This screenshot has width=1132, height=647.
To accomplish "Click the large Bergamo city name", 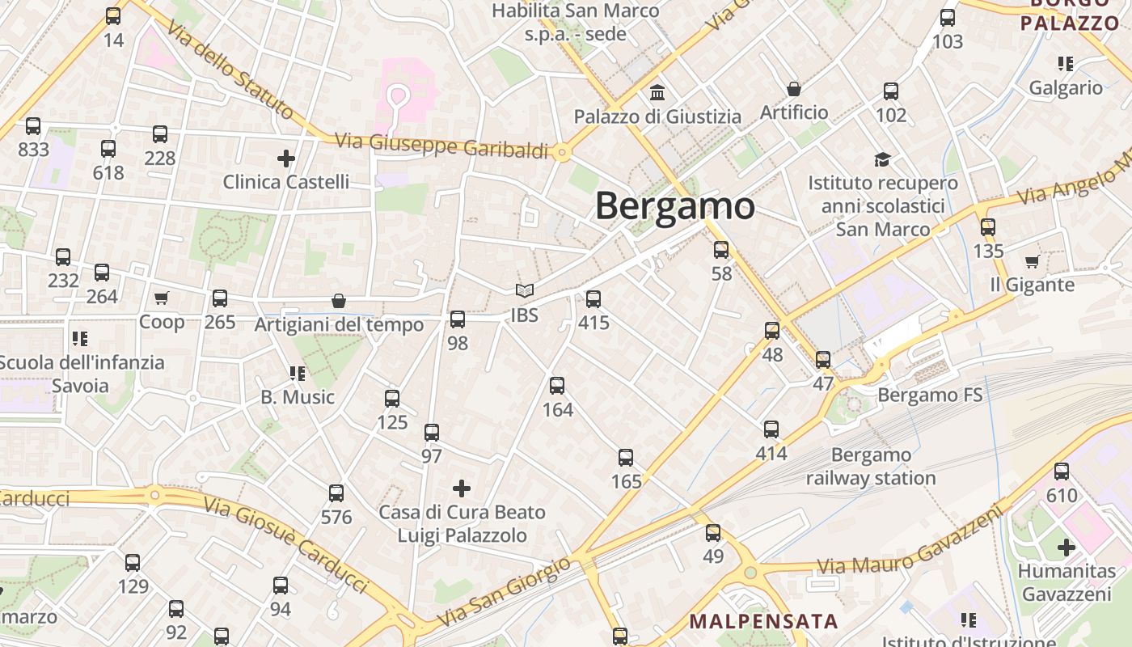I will click(675, 207).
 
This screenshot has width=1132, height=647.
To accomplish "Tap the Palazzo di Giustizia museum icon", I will click(657, 93).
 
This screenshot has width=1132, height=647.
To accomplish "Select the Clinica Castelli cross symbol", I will click(285, 159).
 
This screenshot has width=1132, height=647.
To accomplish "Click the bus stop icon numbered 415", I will click(593, 299).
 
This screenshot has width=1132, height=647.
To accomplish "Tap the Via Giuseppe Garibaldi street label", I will click(441, 146).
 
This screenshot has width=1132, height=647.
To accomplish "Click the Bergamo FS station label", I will click(930, 395).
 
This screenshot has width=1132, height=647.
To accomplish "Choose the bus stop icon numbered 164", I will click(557, 386).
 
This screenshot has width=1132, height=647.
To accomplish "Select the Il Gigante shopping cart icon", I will click(1032, 262).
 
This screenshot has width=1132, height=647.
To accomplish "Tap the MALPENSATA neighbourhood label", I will click(763, 622).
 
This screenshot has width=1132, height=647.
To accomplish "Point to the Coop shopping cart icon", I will click(162, 298).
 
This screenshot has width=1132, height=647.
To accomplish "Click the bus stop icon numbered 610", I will click(1062, 472).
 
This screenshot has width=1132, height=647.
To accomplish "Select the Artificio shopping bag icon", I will click(794, 89).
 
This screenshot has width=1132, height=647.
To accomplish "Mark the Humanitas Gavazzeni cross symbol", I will click(1067, 548).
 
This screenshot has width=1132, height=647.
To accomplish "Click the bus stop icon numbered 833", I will click(33, 126).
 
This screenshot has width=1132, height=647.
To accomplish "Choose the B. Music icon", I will click(297, 374).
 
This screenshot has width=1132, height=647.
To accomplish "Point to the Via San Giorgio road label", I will click(505, 594).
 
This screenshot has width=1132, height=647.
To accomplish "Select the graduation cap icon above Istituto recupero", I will click(882, 159).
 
